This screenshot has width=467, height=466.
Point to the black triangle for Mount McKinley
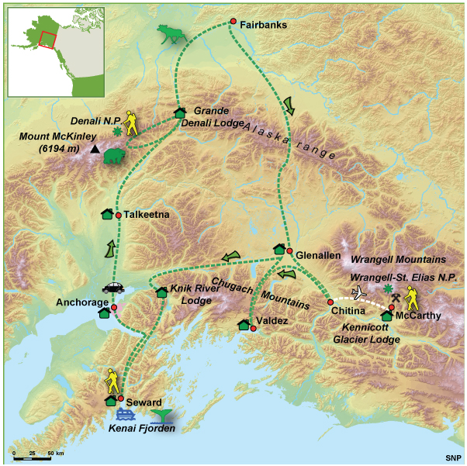point(95,149)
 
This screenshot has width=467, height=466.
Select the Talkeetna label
point(145,216)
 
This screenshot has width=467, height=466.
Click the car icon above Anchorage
point(114,287)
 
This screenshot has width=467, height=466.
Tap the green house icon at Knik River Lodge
point(161,292)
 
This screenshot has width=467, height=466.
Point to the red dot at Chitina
point(330,302)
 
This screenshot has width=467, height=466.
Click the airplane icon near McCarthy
point(359,292)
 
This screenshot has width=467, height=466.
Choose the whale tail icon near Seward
point(161,416)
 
